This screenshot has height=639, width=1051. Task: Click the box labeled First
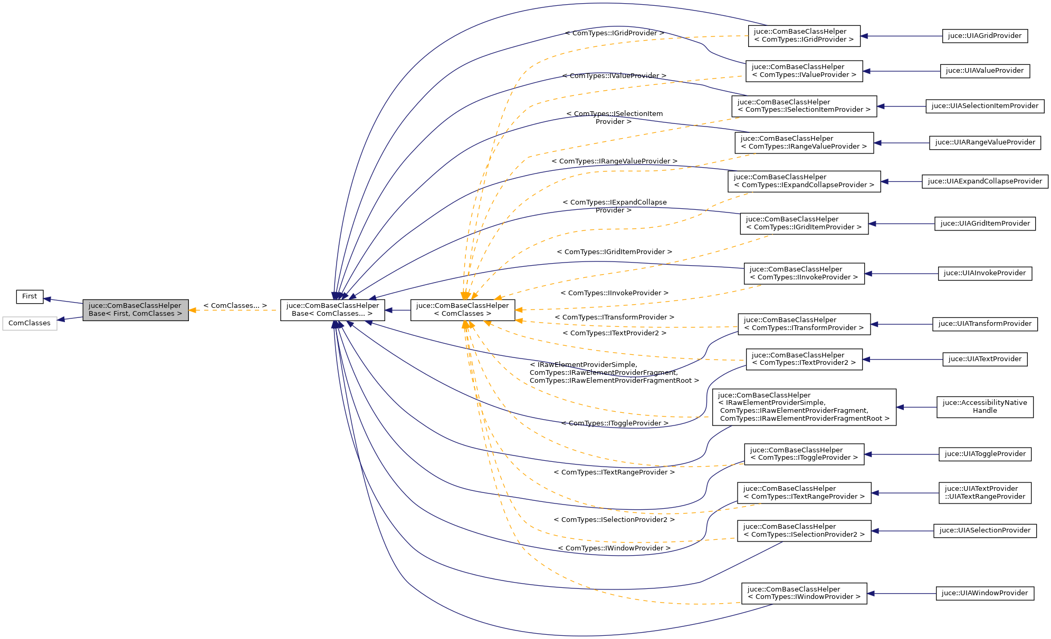30,296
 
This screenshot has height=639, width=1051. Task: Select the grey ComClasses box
30,323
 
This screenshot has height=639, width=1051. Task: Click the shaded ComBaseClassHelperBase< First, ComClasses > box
136,310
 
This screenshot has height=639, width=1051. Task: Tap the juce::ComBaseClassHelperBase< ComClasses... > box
332,310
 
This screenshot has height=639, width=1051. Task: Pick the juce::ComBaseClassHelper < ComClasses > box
462,310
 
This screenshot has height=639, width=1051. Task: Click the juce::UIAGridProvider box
985,36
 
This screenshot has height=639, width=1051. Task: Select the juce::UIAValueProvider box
985,71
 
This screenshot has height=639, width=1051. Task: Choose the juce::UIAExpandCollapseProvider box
985,181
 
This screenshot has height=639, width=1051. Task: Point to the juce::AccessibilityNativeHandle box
985,407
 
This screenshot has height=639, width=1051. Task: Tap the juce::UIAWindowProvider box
985,593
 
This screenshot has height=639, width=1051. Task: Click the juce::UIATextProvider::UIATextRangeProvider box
985,493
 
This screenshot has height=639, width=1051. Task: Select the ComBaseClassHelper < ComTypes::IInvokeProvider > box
804,274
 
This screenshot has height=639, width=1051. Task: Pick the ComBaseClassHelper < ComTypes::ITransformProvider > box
804,324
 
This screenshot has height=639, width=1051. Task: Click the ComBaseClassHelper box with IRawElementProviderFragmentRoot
804,407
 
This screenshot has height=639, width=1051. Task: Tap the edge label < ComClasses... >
235,306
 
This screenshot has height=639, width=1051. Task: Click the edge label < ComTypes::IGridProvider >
614,33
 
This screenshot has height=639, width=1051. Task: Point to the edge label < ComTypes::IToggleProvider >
615,423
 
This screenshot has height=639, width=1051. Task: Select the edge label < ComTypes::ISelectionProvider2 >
614,520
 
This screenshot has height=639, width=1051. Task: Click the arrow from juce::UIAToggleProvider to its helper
901,454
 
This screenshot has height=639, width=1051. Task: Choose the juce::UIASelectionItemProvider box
985,106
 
